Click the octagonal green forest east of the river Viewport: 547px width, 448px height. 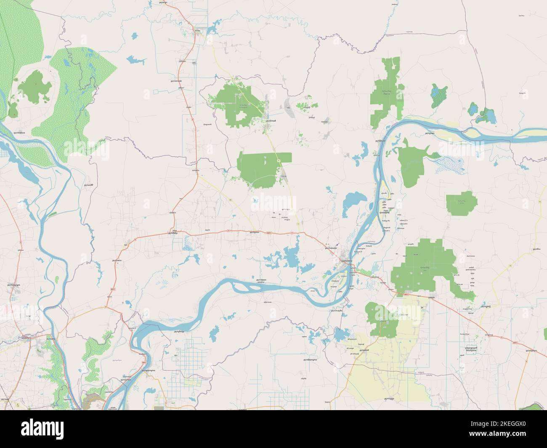click(459, 204)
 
